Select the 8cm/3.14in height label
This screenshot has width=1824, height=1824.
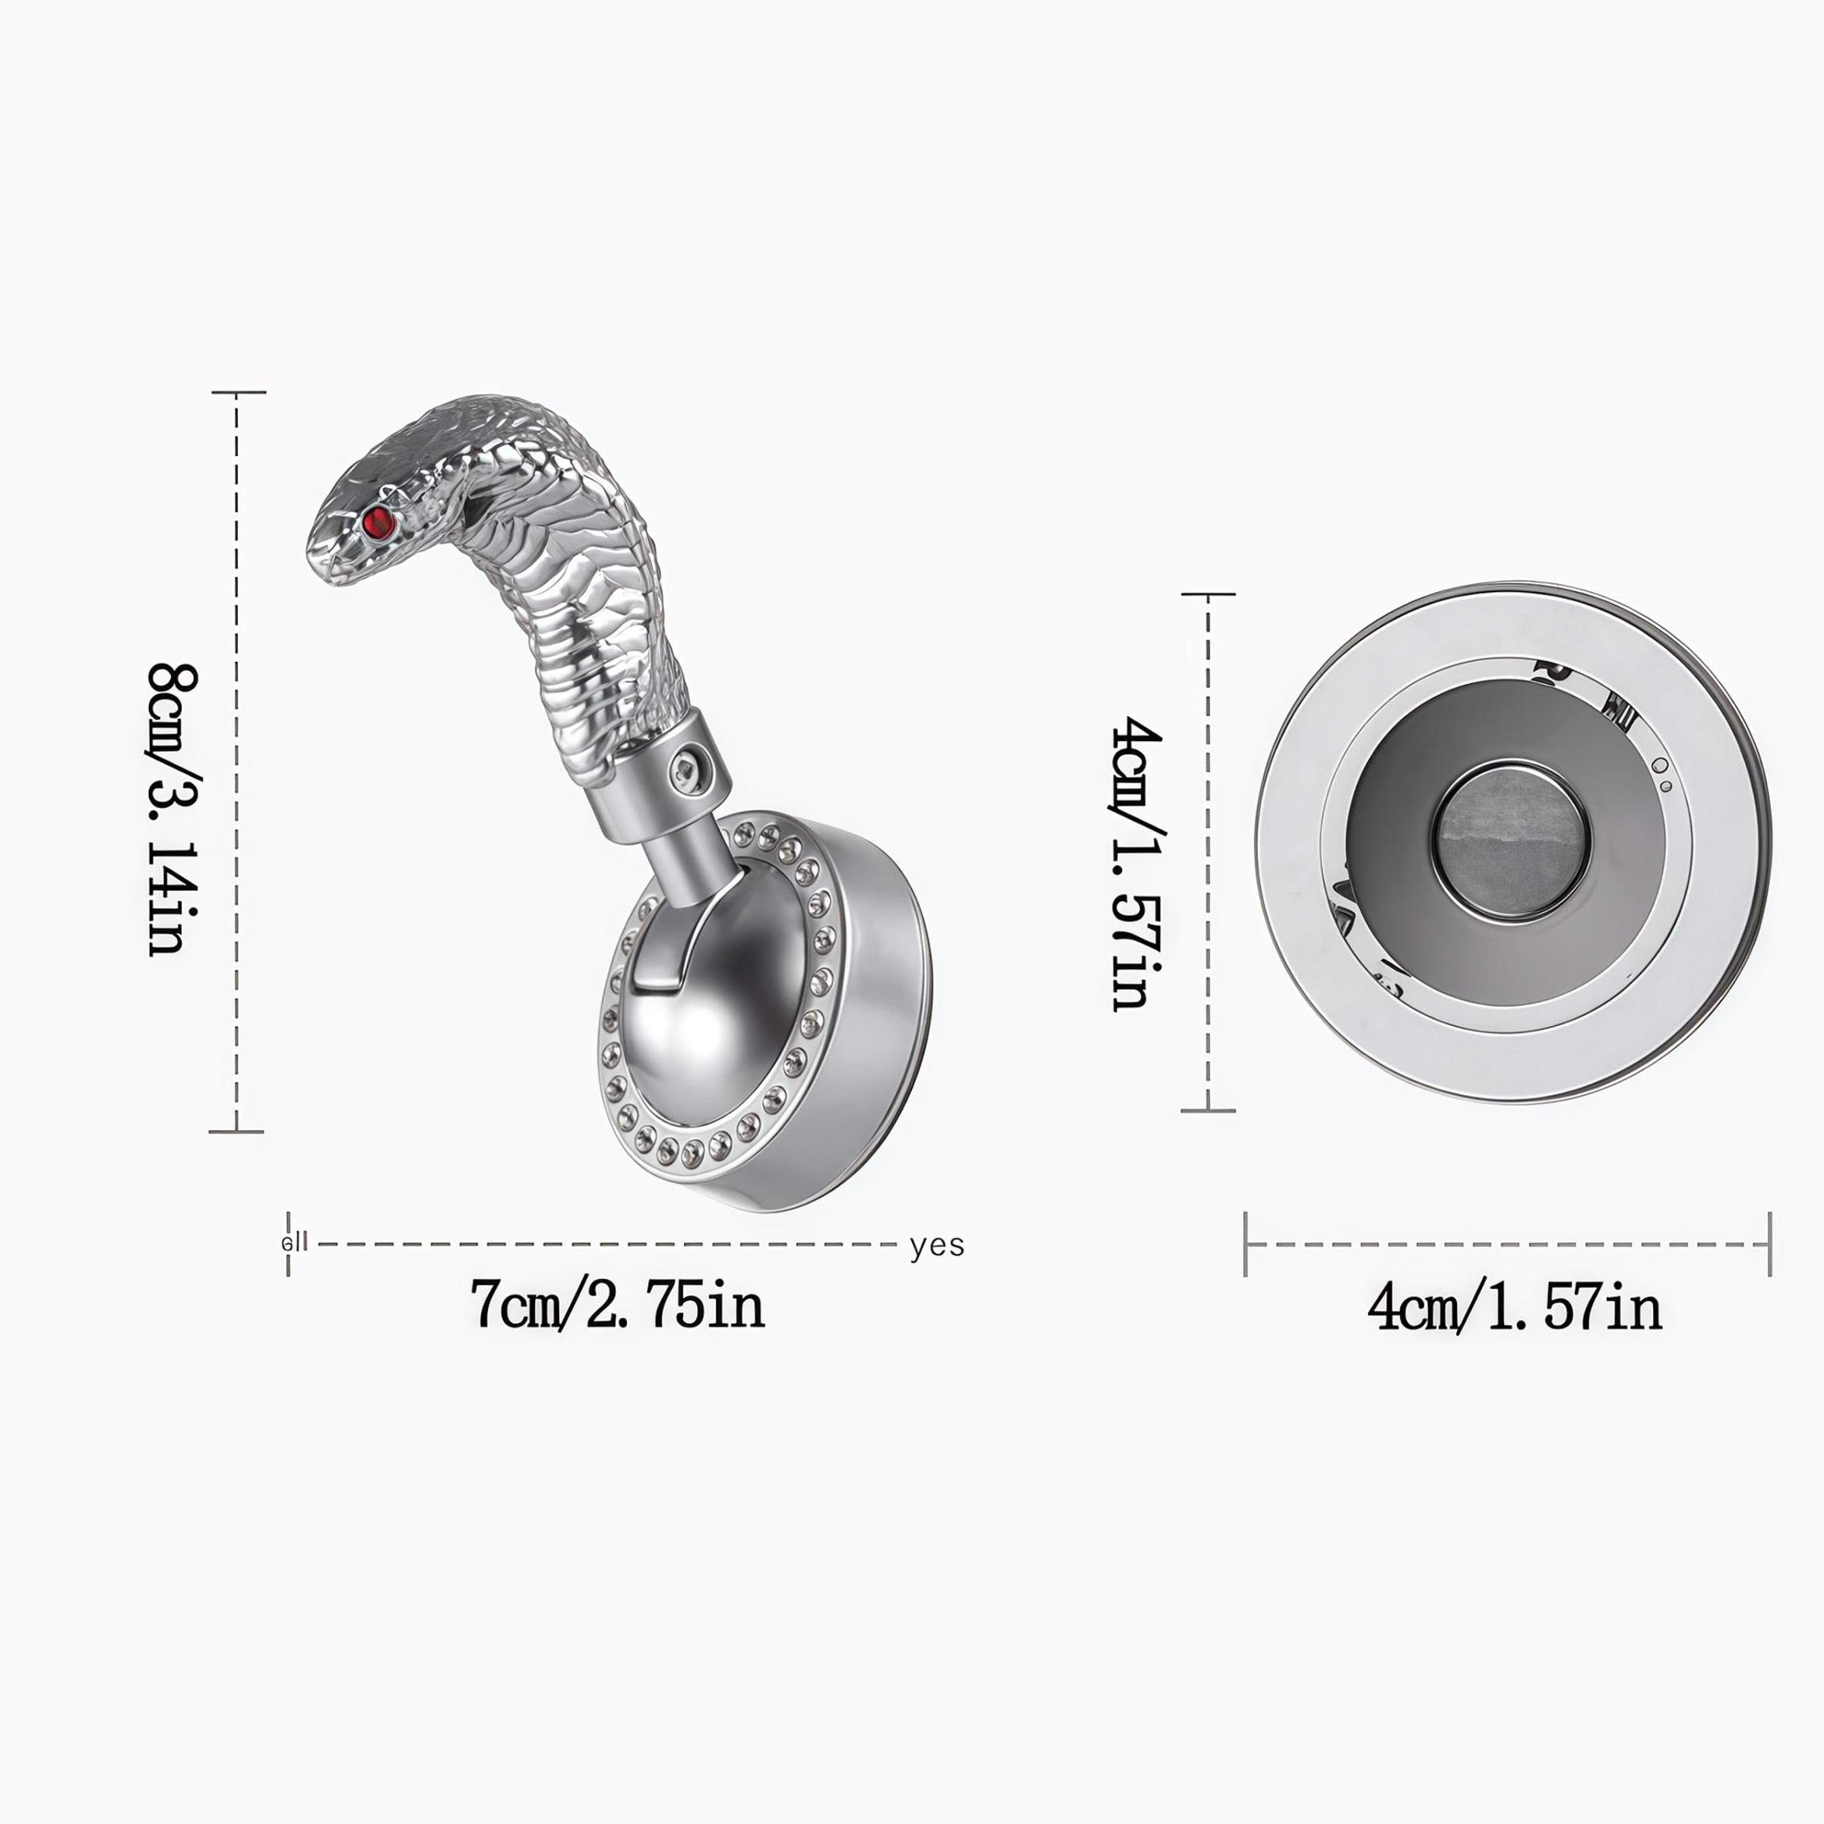click(x=175, y=809)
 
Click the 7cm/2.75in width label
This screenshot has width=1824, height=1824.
click(x=617, y=1306)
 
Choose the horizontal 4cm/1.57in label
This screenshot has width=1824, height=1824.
click(x=1515, y=1309)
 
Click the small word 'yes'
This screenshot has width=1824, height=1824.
click(x=936, y=1246)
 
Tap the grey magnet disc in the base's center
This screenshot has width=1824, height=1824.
click(x=1512, y=841)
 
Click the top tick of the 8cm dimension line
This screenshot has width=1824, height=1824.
click(x=237, y=392)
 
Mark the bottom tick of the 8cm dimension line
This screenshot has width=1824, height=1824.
click(x=236, y=1131)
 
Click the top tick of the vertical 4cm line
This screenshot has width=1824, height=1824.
click(x=1208, y=595)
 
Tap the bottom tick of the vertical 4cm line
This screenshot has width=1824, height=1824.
click(x=1208, y=1111)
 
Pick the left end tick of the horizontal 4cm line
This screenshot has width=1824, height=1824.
click(x=1246, y=1244)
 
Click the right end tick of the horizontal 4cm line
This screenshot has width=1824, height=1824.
click(x=1769, y=1244)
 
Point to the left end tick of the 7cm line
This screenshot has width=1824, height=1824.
click(x=288, y=1244)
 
